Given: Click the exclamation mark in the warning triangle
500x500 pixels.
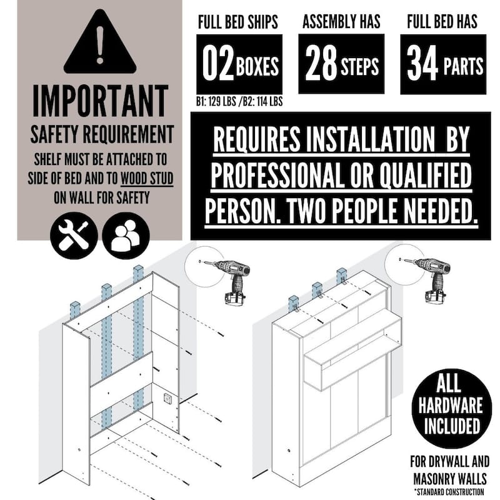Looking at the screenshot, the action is point(100,44).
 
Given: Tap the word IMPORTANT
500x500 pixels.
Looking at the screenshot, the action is point(101,101).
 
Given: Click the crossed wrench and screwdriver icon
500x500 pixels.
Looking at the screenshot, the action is point(74,236).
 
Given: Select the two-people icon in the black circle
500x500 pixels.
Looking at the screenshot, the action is point(126,236).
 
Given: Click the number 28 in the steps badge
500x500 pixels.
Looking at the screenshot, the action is point(321,63).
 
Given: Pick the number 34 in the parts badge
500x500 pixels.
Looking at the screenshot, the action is point(422,63).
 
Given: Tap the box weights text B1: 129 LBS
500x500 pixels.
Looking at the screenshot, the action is point(216,101).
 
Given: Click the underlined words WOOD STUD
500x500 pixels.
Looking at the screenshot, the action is point(147,178).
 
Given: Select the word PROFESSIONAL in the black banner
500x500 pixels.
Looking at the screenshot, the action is point(276,175).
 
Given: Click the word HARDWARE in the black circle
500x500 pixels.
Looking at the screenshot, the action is point(450,404).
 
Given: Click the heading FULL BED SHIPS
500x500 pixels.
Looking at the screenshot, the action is point(238,22).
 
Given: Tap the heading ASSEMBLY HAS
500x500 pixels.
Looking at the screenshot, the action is point(341,21).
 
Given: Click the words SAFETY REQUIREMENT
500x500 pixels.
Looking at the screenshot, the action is point(102,134).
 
